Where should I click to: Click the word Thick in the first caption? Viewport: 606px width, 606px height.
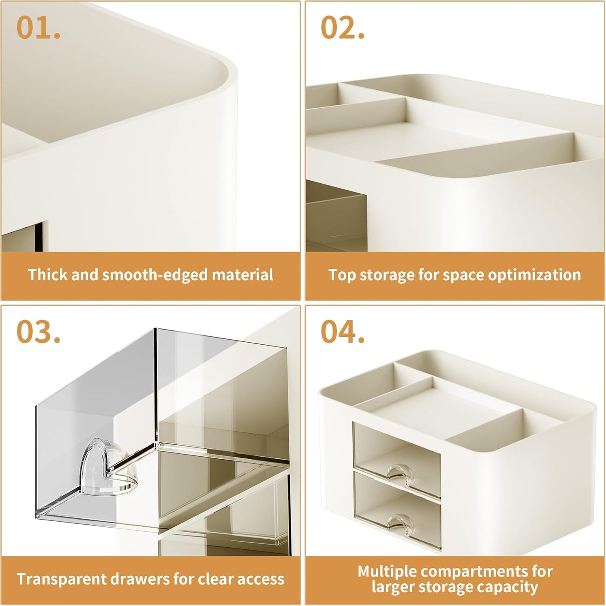[47, 275]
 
